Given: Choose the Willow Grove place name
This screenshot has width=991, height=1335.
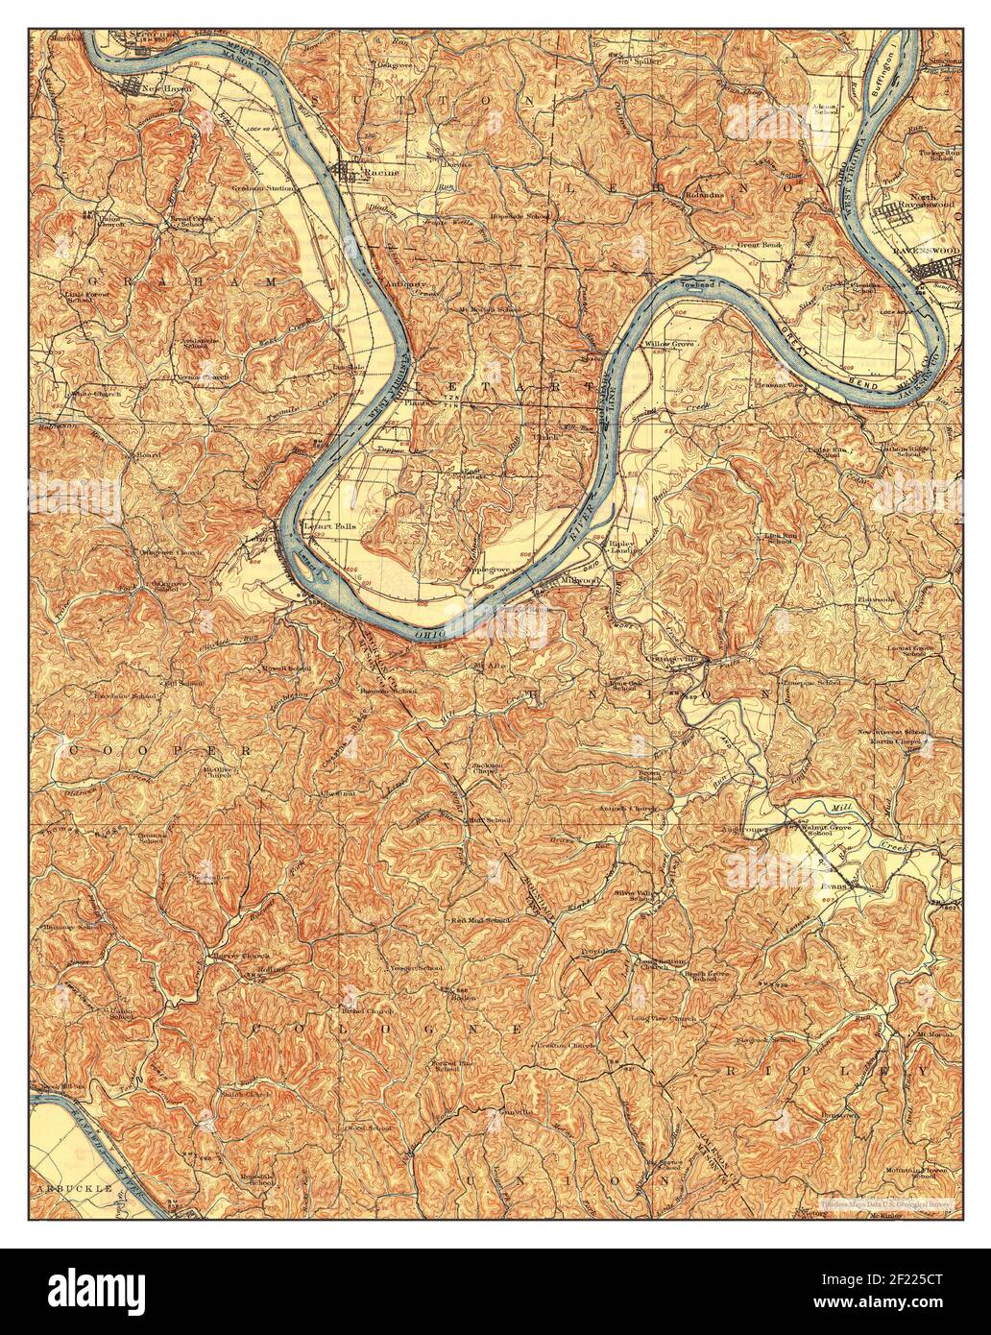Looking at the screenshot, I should pos(669,343).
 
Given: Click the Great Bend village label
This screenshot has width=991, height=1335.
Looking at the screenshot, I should pos(760,245).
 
